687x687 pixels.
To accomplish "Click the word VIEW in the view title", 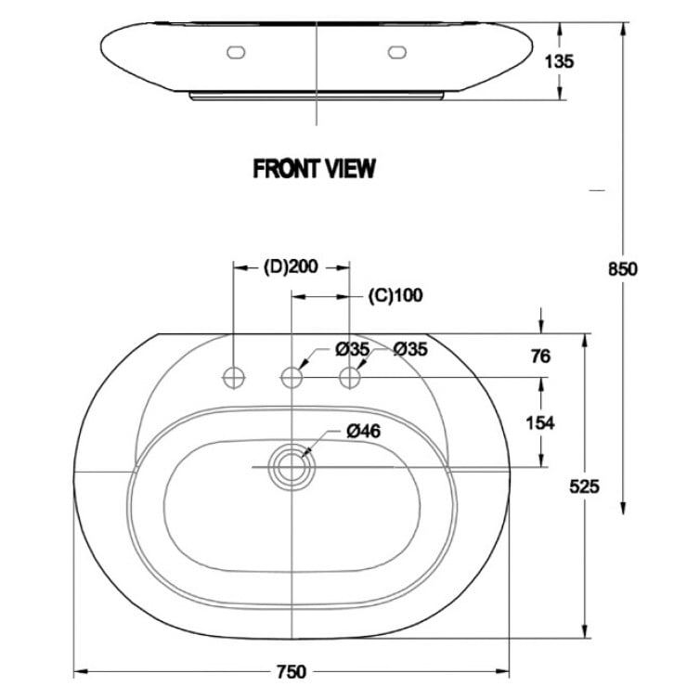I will pos(350,168).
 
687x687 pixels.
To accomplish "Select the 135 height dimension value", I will pos(561,61).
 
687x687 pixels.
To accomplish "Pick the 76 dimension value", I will pos(540,356).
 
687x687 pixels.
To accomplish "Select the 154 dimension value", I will pos(539,422).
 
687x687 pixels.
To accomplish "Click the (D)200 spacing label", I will pos(291,267).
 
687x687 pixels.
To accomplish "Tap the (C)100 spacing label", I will pos(395,296).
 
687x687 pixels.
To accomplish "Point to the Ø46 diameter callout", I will pos(363,431).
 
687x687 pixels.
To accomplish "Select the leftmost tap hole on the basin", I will pos(233,377).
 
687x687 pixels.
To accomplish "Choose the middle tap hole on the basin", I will pos(292,377).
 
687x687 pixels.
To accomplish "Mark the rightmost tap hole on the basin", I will pos(350,377).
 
